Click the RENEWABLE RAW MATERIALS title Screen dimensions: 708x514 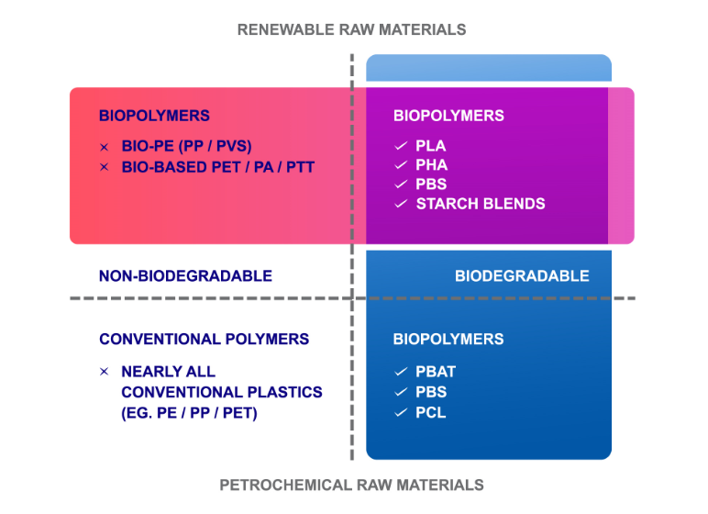pyautogui.click(x=351, y=30)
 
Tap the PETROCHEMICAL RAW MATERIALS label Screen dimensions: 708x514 pyautogui.click(x=351, y=485)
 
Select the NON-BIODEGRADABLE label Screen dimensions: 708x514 pyautogui.click(x=185, y=275)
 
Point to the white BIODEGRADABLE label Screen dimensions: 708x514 pyautogui.click(x=522, y=275)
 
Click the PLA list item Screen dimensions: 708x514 pyautogui.click(x=431, y=146)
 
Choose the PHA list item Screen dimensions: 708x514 pyautogui.click(x=432, y=165)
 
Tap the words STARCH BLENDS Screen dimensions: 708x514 pyautogui.click(x=481, y=204)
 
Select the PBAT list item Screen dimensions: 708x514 pyautogui.click(x=436, y=372)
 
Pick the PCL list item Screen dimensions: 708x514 pyautogui.click(x=431, y=413)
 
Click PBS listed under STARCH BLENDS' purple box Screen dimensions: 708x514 pyautogui.click(x=431, y=184)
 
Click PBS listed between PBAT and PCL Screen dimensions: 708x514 pyautogui.click(x=431, y=392)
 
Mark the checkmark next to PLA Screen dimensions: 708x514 pyautogui.click(x=401, y=146)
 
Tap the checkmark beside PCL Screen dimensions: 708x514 pyautogui.click(x=401, y=413)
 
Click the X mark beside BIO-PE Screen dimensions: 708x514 pyautogui.click(x=105, y=147)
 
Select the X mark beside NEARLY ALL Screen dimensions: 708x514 pyautogui.click(x=105, y=372)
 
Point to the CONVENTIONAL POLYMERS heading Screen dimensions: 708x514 pyautogui.click(x=205, y=339)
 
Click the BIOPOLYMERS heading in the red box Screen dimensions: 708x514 pyautogui.click(x=154, y=116)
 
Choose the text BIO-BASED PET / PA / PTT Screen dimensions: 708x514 pyautogui.click(x=218, y=167)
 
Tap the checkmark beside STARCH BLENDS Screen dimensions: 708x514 pyautogui.click(x=401, y=204)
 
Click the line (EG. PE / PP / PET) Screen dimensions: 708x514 pyautogui.click(x=189, y=413)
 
